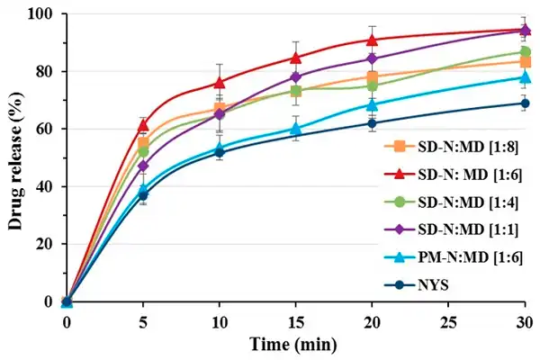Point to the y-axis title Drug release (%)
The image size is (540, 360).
point(16,157)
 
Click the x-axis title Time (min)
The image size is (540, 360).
point(295,344)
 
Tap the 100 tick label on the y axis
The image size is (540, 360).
point(41,14)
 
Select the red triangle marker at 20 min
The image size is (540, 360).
point(373,40)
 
